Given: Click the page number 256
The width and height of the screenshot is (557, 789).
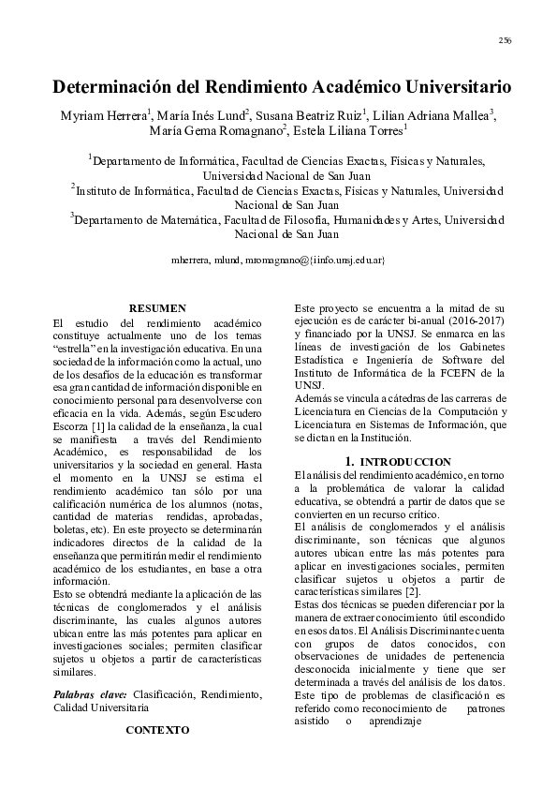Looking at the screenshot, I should [x=505, y=40].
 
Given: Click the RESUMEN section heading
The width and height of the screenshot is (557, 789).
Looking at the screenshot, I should [x=156, y=308].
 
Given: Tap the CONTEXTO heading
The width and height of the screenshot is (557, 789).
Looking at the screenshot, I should [x=156, y=728].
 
